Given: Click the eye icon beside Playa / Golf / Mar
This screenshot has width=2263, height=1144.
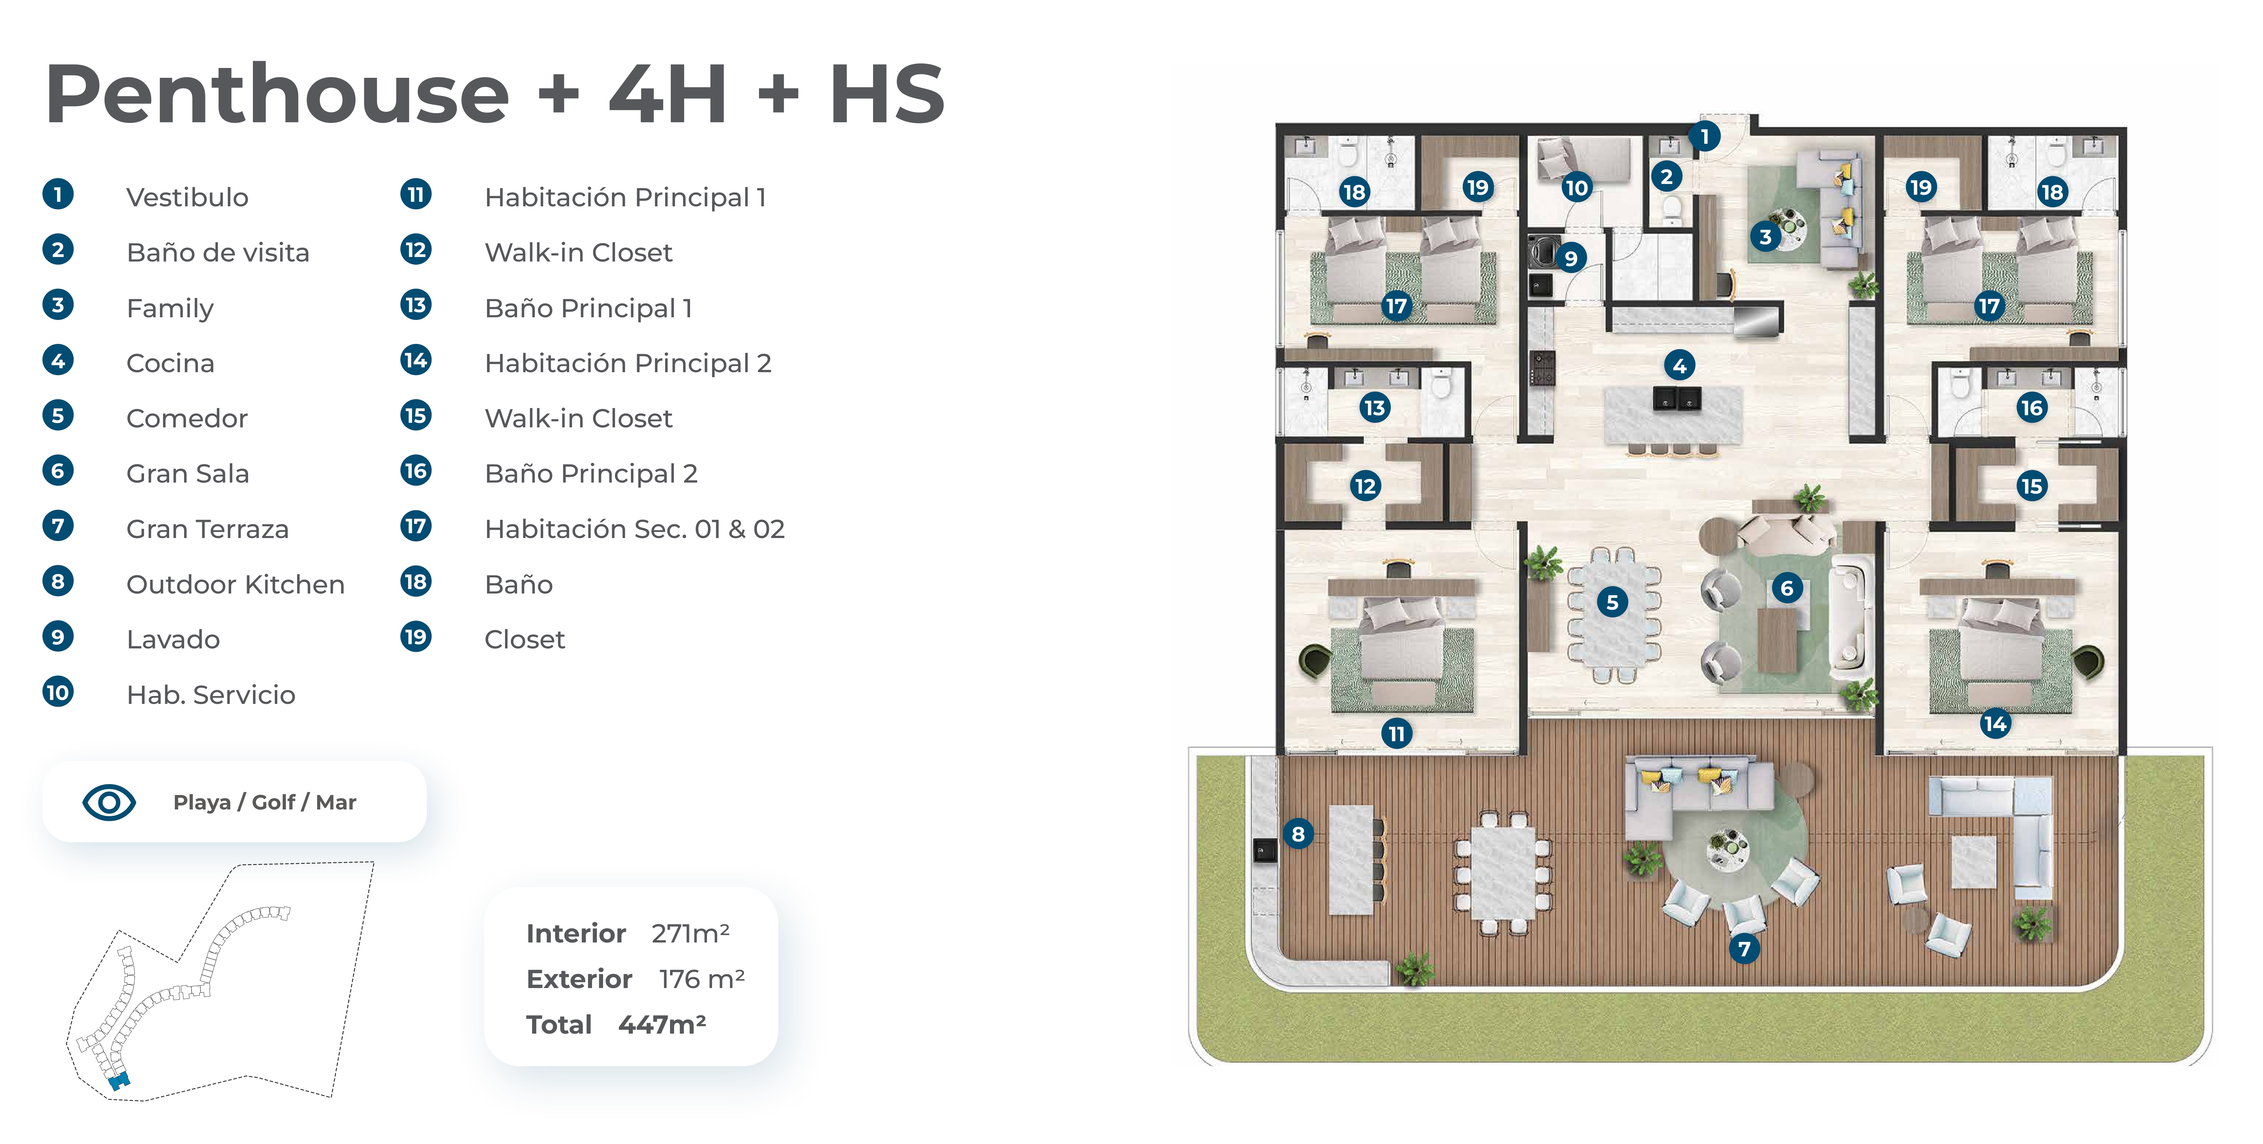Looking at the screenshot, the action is pos(109,802).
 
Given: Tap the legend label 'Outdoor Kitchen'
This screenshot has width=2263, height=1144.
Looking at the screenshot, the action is pos(235,584).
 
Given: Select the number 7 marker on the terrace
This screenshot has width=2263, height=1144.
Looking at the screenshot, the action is pos(1745,948).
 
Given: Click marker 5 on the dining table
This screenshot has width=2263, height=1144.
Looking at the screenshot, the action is pos(1612,602).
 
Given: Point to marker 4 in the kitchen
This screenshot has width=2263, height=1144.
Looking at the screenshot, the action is pos(1680,365).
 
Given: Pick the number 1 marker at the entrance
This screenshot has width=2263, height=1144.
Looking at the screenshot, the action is pos(1704,136).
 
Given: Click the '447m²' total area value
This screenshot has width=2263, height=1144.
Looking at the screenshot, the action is pos(662,1025).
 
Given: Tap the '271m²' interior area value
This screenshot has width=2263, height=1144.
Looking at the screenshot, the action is pos(690,933).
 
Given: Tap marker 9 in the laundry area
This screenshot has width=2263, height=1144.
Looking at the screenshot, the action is pos(1571,258).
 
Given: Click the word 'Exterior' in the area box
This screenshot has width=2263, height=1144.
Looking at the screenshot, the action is pos(579,979).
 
